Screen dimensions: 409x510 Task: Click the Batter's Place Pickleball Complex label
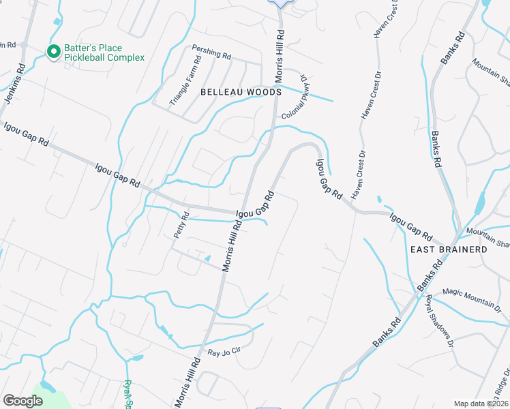pos(104,52)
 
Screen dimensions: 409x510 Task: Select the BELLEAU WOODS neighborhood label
pos(240,91)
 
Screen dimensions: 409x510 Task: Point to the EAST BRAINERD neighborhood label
pos(449,249)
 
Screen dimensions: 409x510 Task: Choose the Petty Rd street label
pos(181,224)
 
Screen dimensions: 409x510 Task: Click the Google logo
pos(22,401)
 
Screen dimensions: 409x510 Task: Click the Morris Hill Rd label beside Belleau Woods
pos(280,55)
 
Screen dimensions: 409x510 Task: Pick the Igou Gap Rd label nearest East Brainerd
pos(411,228)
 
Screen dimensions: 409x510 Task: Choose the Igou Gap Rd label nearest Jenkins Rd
pos(26,134)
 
